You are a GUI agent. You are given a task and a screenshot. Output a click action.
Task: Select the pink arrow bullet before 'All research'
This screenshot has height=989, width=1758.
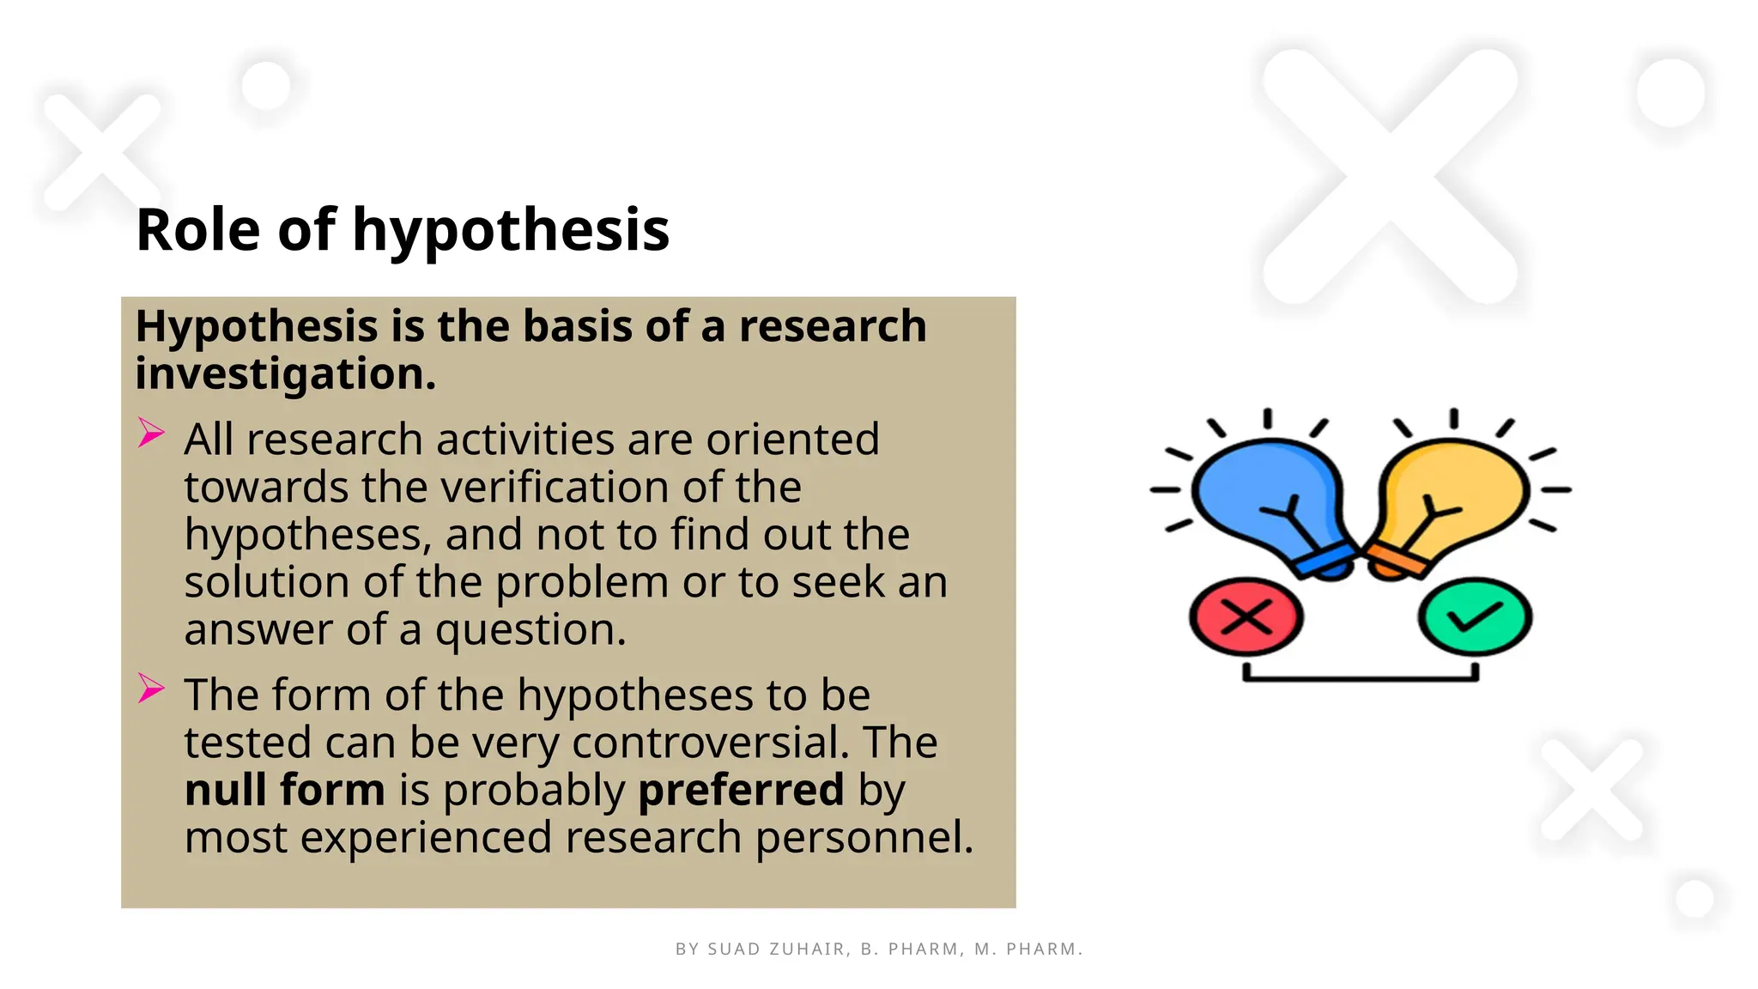tap(151, 433)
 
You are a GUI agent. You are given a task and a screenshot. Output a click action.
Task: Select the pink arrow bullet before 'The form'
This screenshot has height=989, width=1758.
tap(151, 688)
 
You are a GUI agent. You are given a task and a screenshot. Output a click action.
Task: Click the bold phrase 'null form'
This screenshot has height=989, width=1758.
tap(284, 790)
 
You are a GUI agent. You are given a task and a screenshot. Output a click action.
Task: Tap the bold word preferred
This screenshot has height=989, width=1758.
tap(741, 791)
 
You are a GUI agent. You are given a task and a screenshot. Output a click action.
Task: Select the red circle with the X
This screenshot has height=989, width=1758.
tap(1246, 617)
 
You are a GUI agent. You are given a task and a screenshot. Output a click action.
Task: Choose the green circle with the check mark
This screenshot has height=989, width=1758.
tap(1474, 617)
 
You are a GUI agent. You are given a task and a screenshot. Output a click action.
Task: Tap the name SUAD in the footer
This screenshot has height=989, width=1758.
tap(733, 950)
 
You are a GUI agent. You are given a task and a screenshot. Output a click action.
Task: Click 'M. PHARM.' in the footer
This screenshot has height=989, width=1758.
tap(1028, 950)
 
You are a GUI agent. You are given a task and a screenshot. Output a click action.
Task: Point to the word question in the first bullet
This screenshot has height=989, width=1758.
tap(530, 631)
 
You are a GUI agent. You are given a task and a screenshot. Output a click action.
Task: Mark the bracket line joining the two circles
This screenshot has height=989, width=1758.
tap(1361, 678)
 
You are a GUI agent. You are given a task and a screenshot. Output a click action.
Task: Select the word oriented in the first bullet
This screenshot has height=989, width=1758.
tap(792, 440)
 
